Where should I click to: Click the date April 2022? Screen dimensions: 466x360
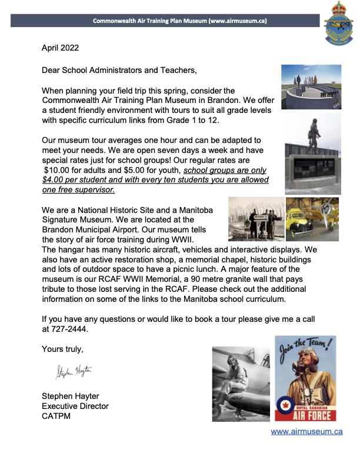pyautogui.click(x=60, y=47)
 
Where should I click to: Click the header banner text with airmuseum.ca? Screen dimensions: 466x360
pyautogui.click(x=180, y=21)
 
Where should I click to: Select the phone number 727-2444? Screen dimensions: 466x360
pyautogui.click(x=65, y=330)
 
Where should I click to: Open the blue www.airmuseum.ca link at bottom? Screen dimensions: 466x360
pyautogui.click(x=306, y=431)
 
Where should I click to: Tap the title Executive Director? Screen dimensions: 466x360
pyautogui.click(x=75, y=406)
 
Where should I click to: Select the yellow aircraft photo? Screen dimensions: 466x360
pyautogui.click(x=312, y=218)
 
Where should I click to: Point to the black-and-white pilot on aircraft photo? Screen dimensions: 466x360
pyautogui.click(x=241, y=383)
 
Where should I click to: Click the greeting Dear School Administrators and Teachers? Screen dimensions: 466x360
pyautogui.click(x=119, y=70)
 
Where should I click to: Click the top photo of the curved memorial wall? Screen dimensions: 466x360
pyautogui.click(x=308, y=86)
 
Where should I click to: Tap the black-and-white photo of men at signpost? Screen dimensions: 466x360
pyautogui.click(x=255, y=219)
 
